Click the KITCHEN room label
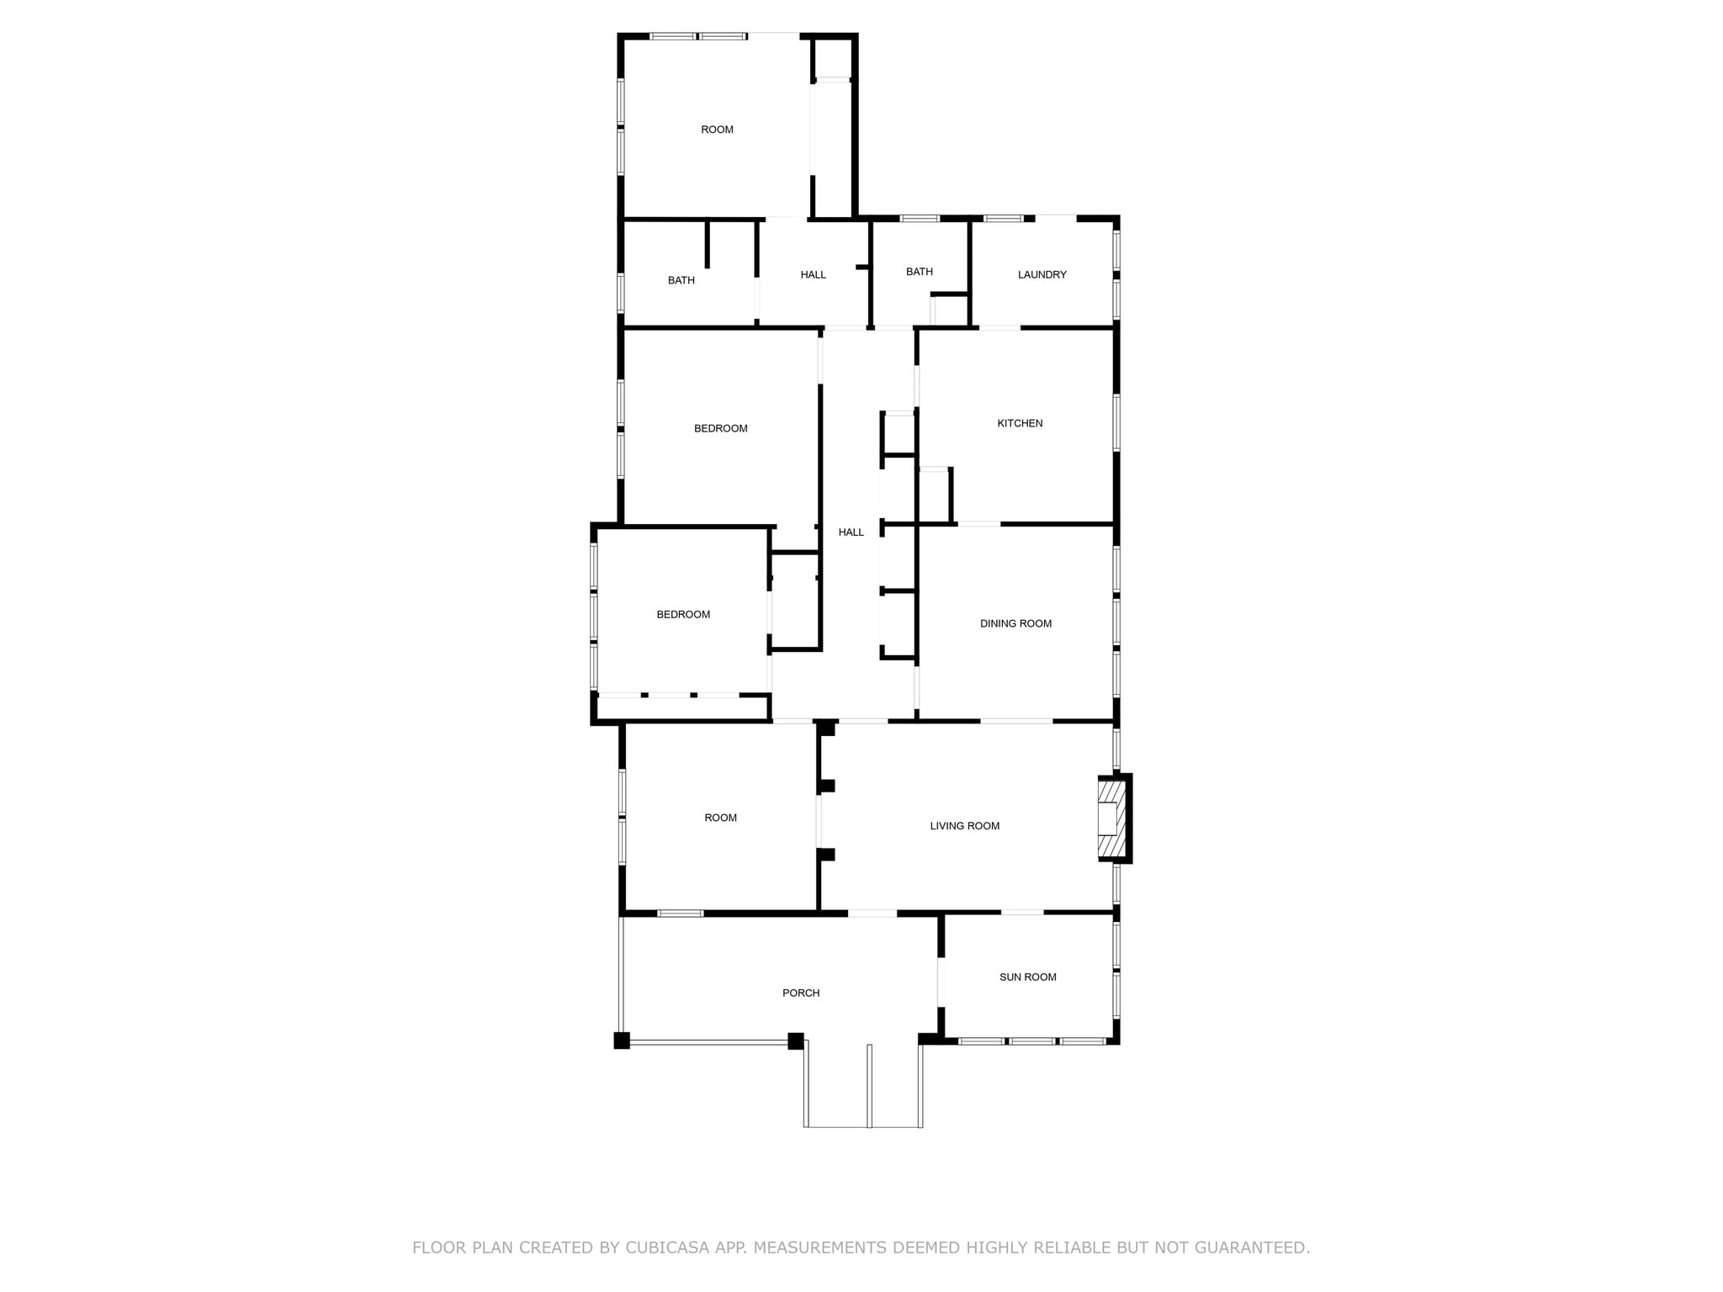click(x=1020, y=423)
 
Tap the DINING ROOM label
click(x=1015, y=623)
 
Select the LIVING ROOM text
click(x=964, y=826)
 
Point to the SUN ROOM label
click(x=1027, y=977)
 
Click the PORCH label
click(x=800, y=993)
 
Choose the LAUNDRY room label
click(x=1042, y=274)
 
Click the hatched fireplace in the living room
click(x=1111, y=818)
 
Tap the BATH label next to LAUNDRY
click(x=919, y=272)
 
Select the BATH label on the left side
click(x=681, y=280)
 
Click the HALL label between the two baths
click(x=813, y=274)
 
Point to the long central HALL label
click(x=851, y=532)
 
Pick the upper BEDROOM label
click(x=720, y=428)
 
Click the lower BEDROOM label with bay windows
click(x=683, y=614)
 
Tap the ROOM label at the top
click(x=717, y=130)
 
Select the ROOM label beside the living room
click(x=720, y=818)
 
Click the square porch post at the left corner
click(x=622, y=1040)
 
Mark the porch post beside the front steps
click(x=795, y=1041)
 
